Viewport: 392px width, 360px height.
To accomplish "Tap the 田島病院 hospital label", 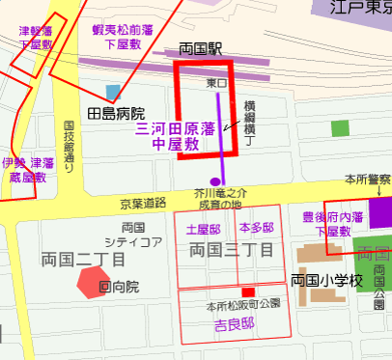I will tap(116, 114).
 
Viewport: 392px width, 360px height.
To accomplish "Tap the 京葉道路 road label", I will tap(142, 204).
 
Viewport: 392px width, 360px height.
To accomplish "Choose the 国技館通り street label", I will tap(70, 146).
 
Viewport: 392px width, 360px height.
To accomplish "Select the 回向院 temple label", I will tap(119, 287).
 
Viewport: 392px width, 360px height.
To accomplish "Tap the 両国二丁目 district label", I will tap(84, 259).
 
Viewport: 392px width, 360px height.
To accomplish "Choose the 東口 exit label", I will tap(217, 84).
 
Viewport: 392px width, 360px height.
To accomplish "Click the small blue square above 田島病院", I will tap(114, 93).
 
